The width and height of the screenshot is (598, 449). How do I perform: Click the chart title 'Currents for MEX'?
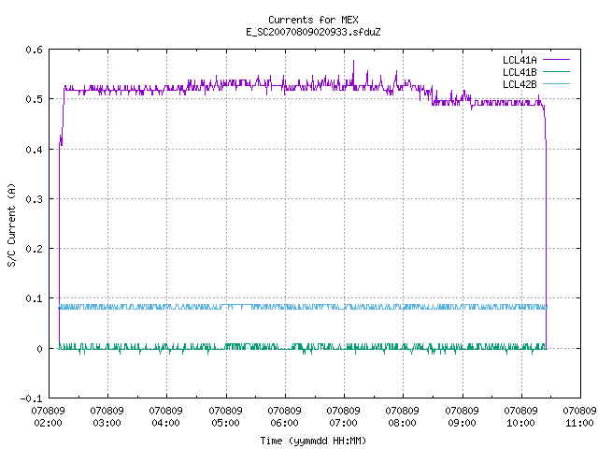click(313, 20)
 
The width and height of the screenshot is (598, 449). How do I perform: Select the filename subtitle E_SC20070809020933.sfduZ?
click(313, 32)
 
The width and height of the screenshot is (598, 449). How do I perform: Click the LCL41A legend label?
click(520, 60)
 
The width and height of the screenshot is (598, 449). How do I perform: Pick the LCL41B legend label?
click(520, 72)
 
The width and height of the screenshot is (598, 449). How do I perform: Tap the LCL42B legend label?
click(520, 84)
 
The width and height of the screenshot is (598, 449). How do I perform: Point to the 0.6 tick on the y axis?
click(35, 50)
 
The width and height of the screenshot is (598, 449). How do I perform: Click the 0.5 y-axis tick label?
click(35, 99)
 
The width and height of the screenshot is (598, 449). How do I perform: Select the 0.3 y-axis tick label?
click(35, 199)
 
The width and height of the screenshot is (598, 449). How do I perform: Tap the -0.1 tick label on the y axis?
click(31, 398)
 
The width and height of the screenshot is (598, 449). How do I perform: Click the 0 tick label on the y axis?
click(39, 349)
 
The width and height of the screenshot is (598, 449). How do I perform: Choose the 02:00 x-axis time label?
click(48, 423)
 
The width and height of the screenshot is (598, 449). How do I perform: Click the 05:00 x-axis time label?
click(225, 423)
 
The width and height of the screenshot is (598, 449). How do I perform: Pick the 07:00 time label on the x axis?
click(343, 423)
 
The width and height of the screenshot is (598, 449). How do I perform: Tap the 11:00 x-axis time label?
click(579, 423)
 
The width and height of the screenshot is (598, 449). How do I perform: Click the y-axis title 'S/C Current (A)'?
click(12, 225)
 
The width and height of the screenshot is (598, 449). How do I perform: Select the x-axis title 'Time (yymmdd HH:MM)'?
click(313, 441)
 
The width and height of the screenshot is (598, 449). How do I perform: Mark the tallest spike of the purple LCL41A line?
click(353, 61)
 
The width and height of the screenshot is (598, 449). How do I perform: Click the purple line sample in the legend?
click(557, 60)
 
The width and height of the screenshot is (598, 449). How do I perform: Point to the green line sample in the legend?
click(557, 72)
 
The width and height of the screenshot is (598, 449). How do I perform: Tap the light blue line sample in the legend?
click(557, 84)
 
